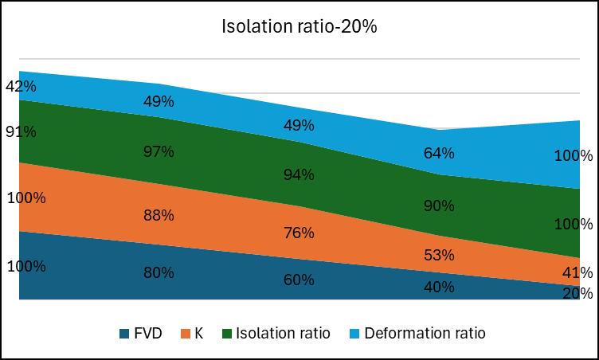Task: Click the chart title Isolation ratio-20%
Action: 299,26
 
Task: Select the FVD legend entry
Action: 149,333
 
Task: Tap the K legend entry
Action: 198,333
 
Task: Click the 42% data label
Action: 20,86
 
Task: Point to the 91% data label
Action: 20,131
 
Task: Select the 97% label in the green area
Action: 159,151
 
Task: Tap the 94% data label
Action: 299,175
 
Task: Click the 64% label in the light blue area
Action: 439,153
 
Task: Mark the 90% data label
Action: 439,205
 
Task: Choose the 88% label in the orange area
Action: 159,215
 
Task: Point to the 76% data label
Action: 299,233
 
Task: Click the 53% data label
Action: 439,255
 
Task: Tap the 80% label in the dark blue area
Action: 159,272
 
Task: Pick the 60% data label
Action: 299,280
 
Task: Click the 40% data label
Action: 439,288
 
